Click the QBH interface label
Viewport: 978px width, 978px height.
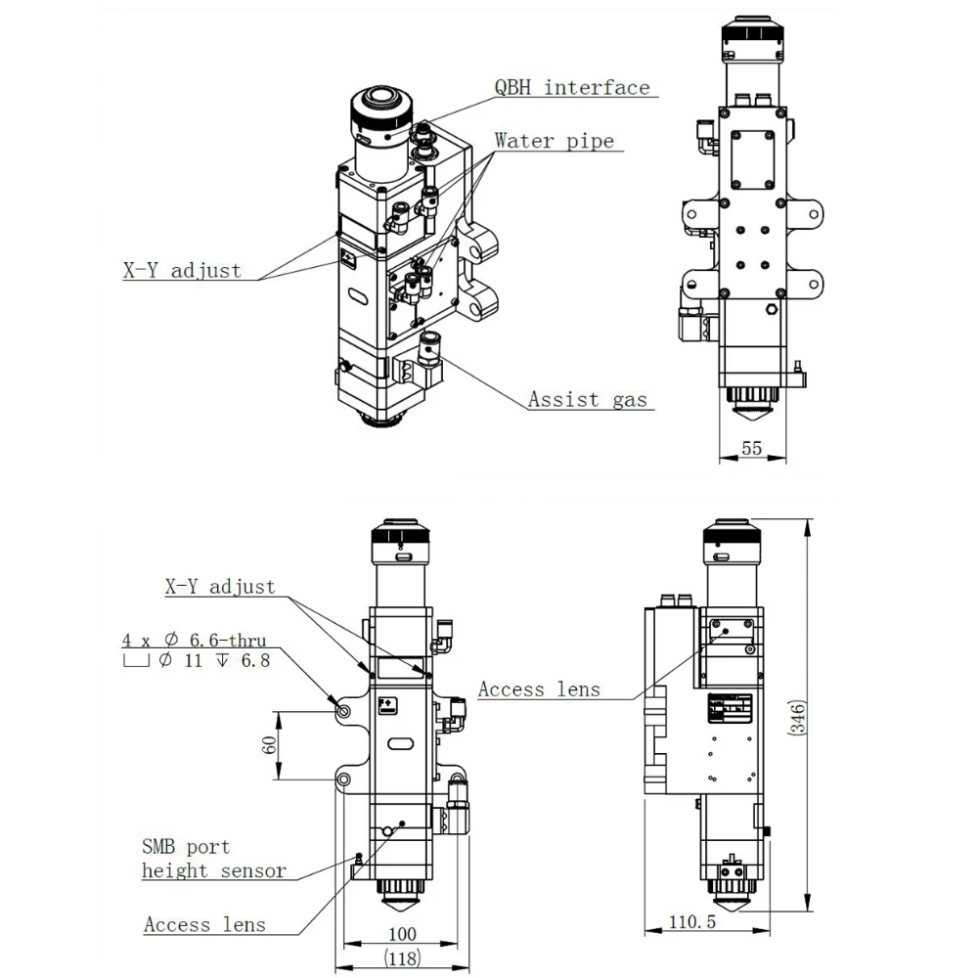572,88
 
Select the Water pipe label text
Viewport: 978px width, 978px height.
554,141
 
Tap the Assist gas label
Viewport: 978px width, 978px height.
587,399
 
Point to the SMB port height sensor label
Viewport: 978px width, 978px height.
214,859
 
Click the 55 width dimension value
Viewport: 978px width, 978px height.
751,448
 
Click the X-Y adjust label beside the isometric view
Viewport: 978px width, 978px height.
182,271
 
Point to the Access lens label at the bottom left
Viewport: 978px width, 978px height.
204,924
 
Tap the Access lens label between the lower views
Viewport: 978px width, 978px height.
539,689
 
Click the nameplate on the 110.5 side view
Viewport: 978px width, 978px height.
730,708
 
